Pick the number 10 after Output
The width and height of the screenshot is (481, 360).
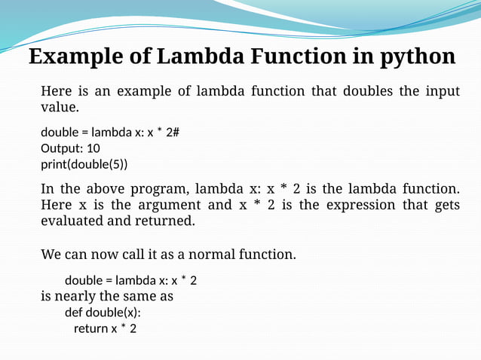93,148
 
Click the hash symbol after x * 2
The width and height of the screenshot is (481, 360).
176,133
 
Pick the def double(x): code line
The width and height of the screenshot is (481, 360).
103,312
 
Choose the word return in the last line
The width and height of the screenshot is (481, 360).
90,328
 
